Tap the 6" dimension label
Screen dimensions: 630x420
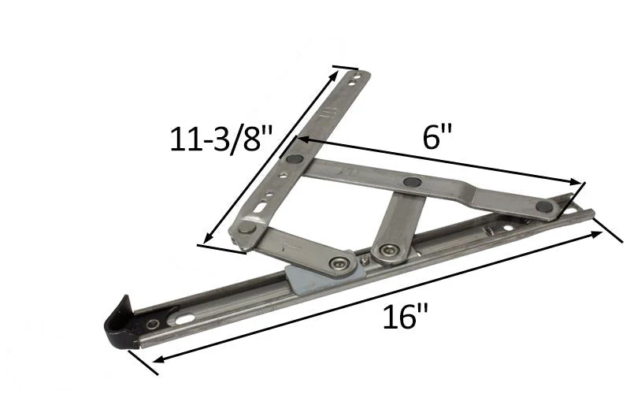pyautogui.click(x=437, y=136)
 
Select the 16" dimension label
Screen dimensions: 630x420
pyautogui.click(x=405, y=317)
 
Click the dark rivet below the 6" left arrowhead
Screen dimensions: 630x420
pyautogui.click(x=295, y=158)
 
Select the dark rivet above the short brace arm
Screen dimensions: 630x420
pyautogui.click(x=412, y=182)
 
